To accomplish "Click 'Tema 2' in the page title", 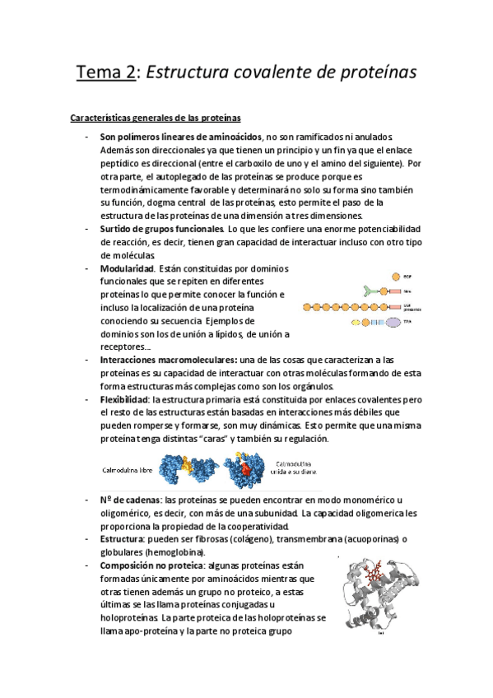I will [105, 72].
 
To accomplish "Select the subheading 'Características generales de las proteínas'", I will [155, 119].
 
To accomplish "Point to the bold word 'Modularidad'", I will [127, 268].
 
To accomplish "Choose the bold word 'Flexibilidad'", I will [130, 399].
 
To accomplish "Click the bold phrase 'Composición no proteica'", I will [153, 565].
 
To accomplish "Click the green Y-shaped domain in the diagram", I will [368, 291].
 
